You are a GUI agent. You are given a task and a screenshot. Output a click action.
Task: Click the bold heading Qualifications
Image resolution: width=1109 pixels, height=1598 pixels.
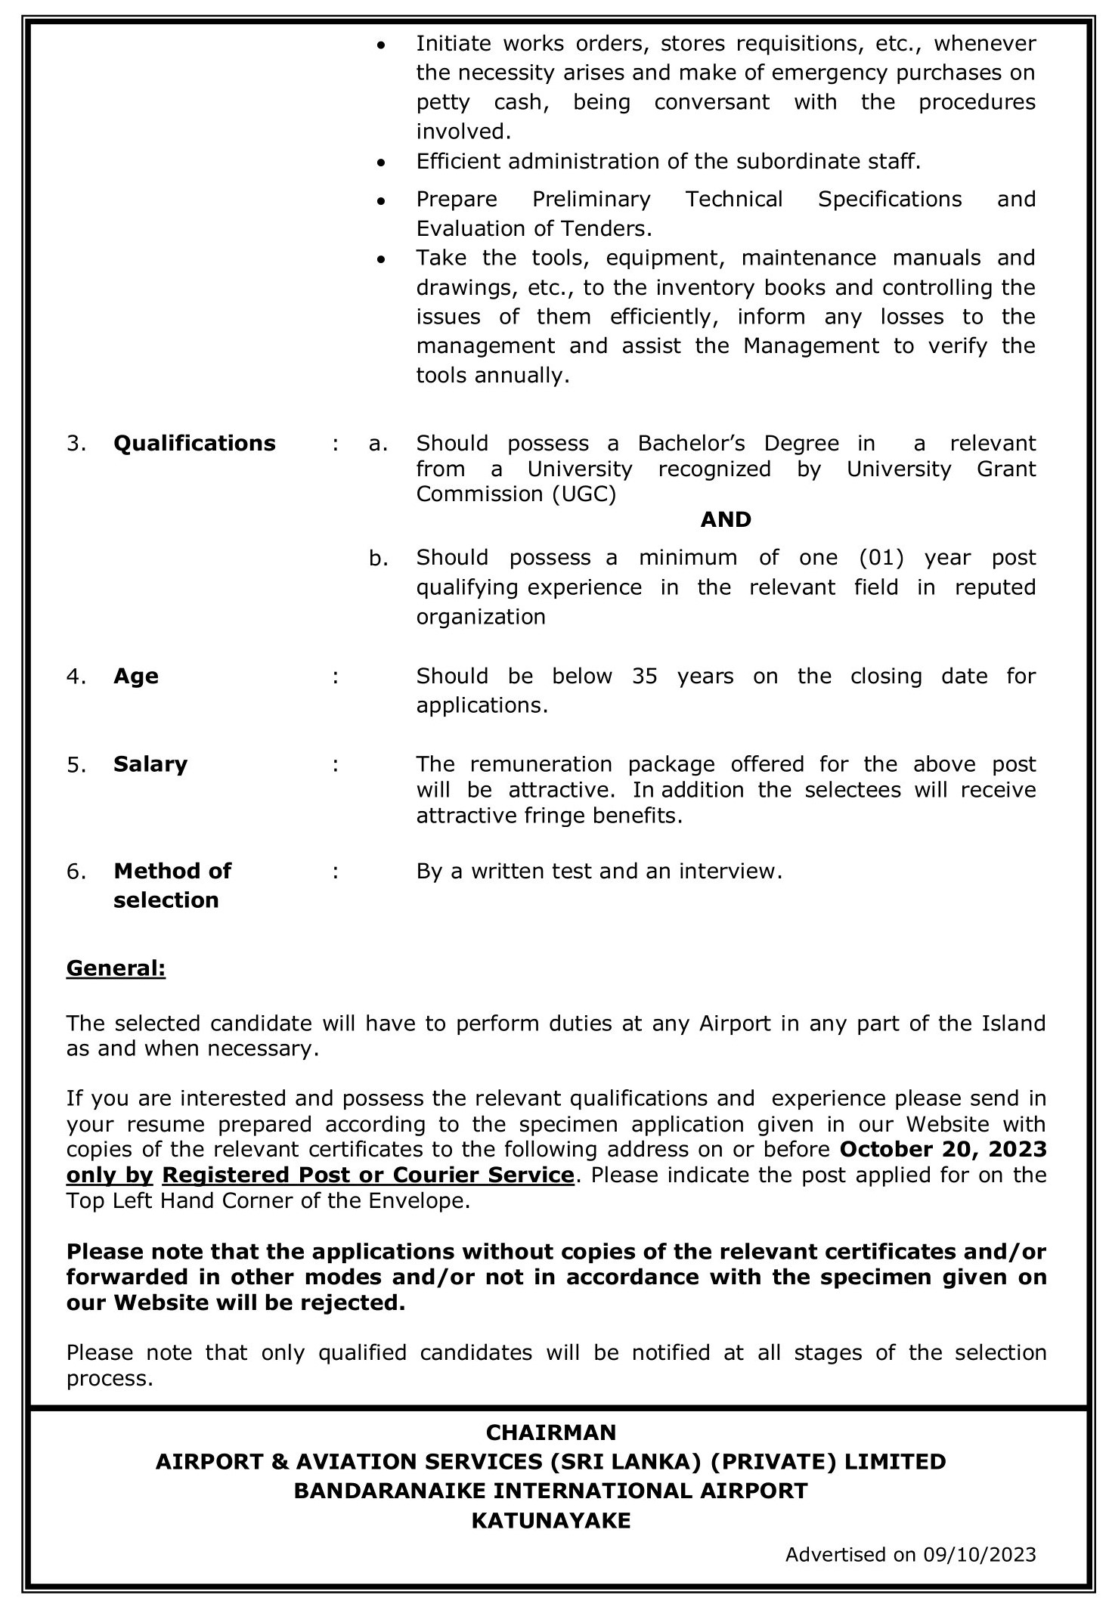pos(194,443)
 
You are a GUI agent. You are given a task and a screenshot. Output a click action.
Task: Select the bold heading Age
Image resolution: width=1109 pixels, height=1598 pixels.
pos(136,676)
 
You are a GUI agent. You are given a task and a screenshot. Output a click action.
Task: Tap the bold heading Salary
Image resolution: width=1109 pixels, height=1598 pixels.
pos(150,764)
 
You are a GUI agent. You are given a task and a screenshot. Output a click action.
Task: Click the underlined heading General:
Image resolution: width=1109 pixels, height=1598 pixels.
pos(116,968)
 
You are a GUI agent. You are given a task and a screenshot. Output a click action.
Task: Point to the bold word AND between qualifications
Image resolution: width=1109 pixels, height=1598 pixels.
pos(726,519)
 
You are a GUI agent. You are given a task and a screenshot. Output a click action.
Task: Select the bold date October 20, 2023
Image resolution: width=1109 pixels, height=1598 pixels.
pos(943,1150)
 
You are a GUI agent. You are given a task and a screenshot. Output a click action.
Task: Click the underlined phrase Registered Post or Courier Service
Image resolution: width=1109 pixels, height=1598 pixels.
pos(368,1175)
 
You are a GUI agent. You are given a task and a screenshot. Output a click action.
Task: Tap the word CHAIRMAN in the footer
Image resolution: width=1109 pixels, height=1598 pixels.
pos(551,1432)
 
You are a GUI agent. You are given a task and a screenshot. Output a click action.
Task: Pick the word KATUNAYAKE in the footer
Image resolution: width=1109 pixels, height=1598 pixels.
pos(551,1521)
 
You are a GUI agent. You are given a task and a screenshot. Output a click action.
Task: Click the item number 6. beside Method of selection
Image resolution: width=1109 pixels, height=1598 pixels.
pos(77,872)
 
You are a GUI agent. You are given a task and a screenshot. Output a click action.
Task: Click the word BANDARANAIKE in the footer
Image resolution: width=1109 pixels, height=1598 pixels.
pos(398,1491)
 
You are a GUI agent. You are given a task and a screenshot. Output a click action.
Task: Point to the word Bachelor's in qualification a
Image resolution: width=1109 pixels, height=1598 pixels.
pos(690,443)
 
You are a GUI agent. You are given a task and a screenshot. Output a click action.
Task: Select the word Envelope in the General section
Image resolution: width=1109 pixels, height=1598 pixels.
pos(421,1200)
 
